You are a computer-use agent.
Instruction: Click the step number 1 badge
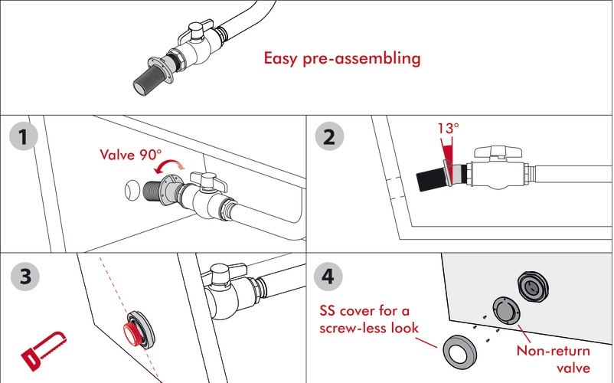pyautogui.click(x=24, y=136)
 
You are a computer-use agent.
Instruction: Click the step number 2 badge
pyautogui.click(x=329, y=136)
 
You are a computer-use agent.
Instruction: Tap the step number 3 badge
pyautogui.click(x=25, y=276)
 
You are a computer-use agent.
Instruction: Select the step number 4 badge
pyautogui.click(x=328, y=277)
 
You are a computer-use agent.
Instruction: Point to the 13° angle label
pyautogui.click(x=448, y=128)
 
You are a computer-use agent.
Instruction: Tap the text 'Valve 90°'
pyautogui.click(x=130, y=155)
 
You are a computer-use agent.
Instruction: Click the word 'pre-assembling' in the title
pyautogui.click(x=362, y=59)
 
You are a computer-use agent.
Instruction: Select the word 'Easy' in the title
pyautogui.click(x=279, y=59)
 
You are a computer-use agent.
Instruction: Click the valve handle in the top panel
pyautogui.click(x=197, y=31)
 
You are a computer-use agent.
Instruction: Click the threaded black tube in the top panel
pyautogui.click(x=146, y=81)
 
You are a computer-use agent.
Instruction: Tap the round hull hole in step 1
pyautogui.click(x=132, y=190)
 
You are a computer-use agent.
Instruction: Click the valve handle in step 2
pyautogui.click(x=498, y=152)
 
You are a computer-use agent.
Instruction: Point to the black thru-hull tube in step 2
pyautogui.click(x=431, y=180)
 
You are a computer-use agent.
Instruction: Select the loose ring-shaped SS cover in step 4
pyautogui.click(x=460, y=354)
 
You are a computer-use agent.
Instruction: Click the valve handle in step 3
pyautogui.click(x=224, y=271)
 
